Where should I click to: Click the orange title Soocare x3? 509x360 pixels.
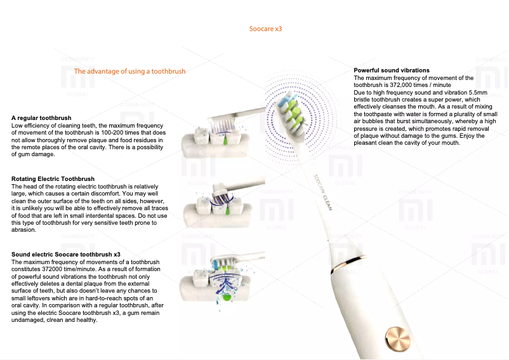click(x=265, y=29)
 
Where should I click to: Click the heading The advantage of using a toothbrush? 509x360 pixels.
click(x=129, y=71)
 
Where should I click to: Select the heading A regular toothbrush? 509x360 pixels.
click(x=41, y=118)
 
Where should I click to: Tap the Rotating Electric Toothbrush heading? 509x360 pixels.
click(x=53, y=179)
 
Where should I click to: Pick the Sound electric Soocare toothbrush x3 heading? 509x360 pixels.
click(x=66, y=254)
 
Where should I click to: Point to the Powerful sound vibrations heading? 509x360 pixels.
click(x=392, y=70)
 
